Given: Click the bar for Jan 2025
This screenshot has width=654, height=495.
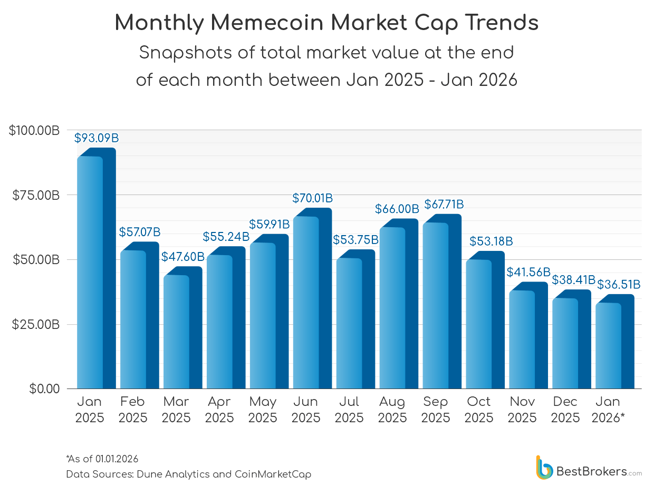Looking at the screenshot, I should pos(95,271).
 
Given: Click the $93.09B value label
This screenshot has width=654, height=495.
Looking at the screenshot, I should pos(96,139).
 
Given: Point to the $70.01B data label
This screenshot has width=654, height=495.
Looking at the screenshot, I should pos(312,199).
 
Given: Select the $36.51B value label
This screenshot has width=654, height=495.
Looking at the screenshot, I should pos(619,285).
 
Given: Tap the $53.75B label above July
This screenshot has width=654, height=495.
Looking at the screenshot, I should pos(355,240).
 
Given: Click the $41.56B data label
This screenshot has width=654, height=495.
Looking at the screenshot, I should pos(528,273).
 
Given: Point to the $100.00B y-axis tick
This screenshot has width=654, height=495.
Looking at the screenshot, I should pos(34,130).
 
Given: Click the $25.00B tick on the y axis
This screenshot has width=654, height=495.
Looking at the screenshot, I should pos(35,325).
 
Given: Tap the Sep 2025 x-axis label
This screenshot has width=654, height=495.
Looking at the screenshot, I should pos(436,410).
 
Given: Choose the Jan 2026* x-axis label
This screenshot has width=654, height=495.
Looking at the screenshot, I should pos(608,410).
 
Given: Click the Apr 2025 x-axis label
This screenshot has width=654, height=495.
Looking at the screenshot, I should pos(219,410).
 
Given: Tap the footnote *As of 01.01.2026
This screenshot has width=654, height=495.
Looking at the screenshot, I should pos(102,459).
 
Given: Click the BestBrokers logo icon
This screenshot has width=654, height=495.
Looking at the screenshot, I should pos(544,468).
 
